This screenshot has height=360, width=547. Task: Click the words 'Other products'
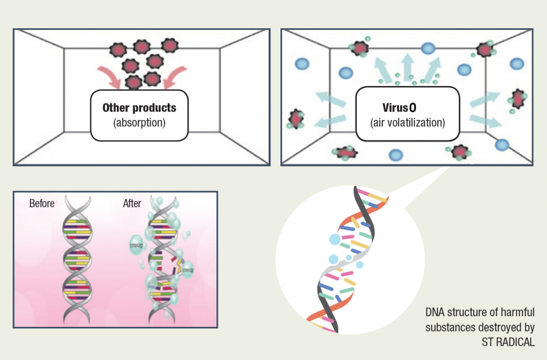click(x=139, y=107)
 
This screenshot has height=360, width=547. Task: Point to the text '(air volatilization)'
click(x=407, y=122)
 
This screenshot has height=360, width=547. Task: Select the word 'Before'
click(x=42, y=204)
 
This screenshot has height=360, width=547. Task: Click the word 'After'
click(x=132, y=204)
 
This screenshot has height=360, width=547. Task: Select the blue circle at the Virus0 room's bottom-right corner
click(x=502, y=144)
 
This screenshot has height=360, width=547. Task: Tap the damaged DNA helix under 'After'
click(x=163, y=256)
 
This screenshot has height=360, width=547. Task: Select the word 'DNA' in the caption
click(x=435, y=311)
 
